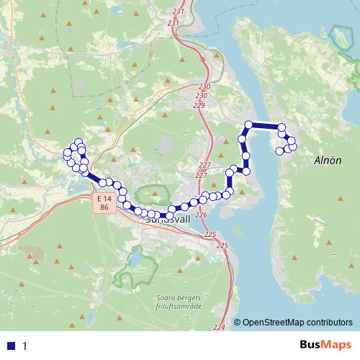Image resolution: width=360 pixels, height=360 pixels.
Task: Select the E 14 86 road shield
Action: (104, 202)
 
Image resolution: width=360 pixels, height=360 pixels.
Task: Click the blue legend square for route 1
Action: (11, 345)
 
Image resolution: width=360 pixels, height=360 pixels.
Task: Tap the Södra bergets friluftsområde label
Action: (181, 302)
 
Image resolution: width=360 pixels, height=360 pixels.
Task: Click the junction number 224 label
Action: (219, 328)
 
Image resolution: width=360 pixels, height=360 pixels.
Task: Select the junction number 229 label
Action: (199, 106)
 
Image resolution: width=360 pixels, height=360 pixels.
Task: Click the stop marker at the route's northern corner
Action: (250, 125)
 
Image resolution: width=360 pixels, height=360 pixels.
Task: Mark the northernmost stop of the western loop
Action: (78, 142)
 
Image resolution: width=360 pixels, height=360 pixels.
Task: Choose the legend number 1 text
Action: (24, 346)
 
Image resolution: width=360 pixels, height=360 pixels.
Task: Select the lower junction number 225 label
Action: (222, 246)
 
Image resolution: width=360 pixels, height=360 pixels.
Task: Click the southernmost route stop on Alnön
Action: (279, 150)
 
